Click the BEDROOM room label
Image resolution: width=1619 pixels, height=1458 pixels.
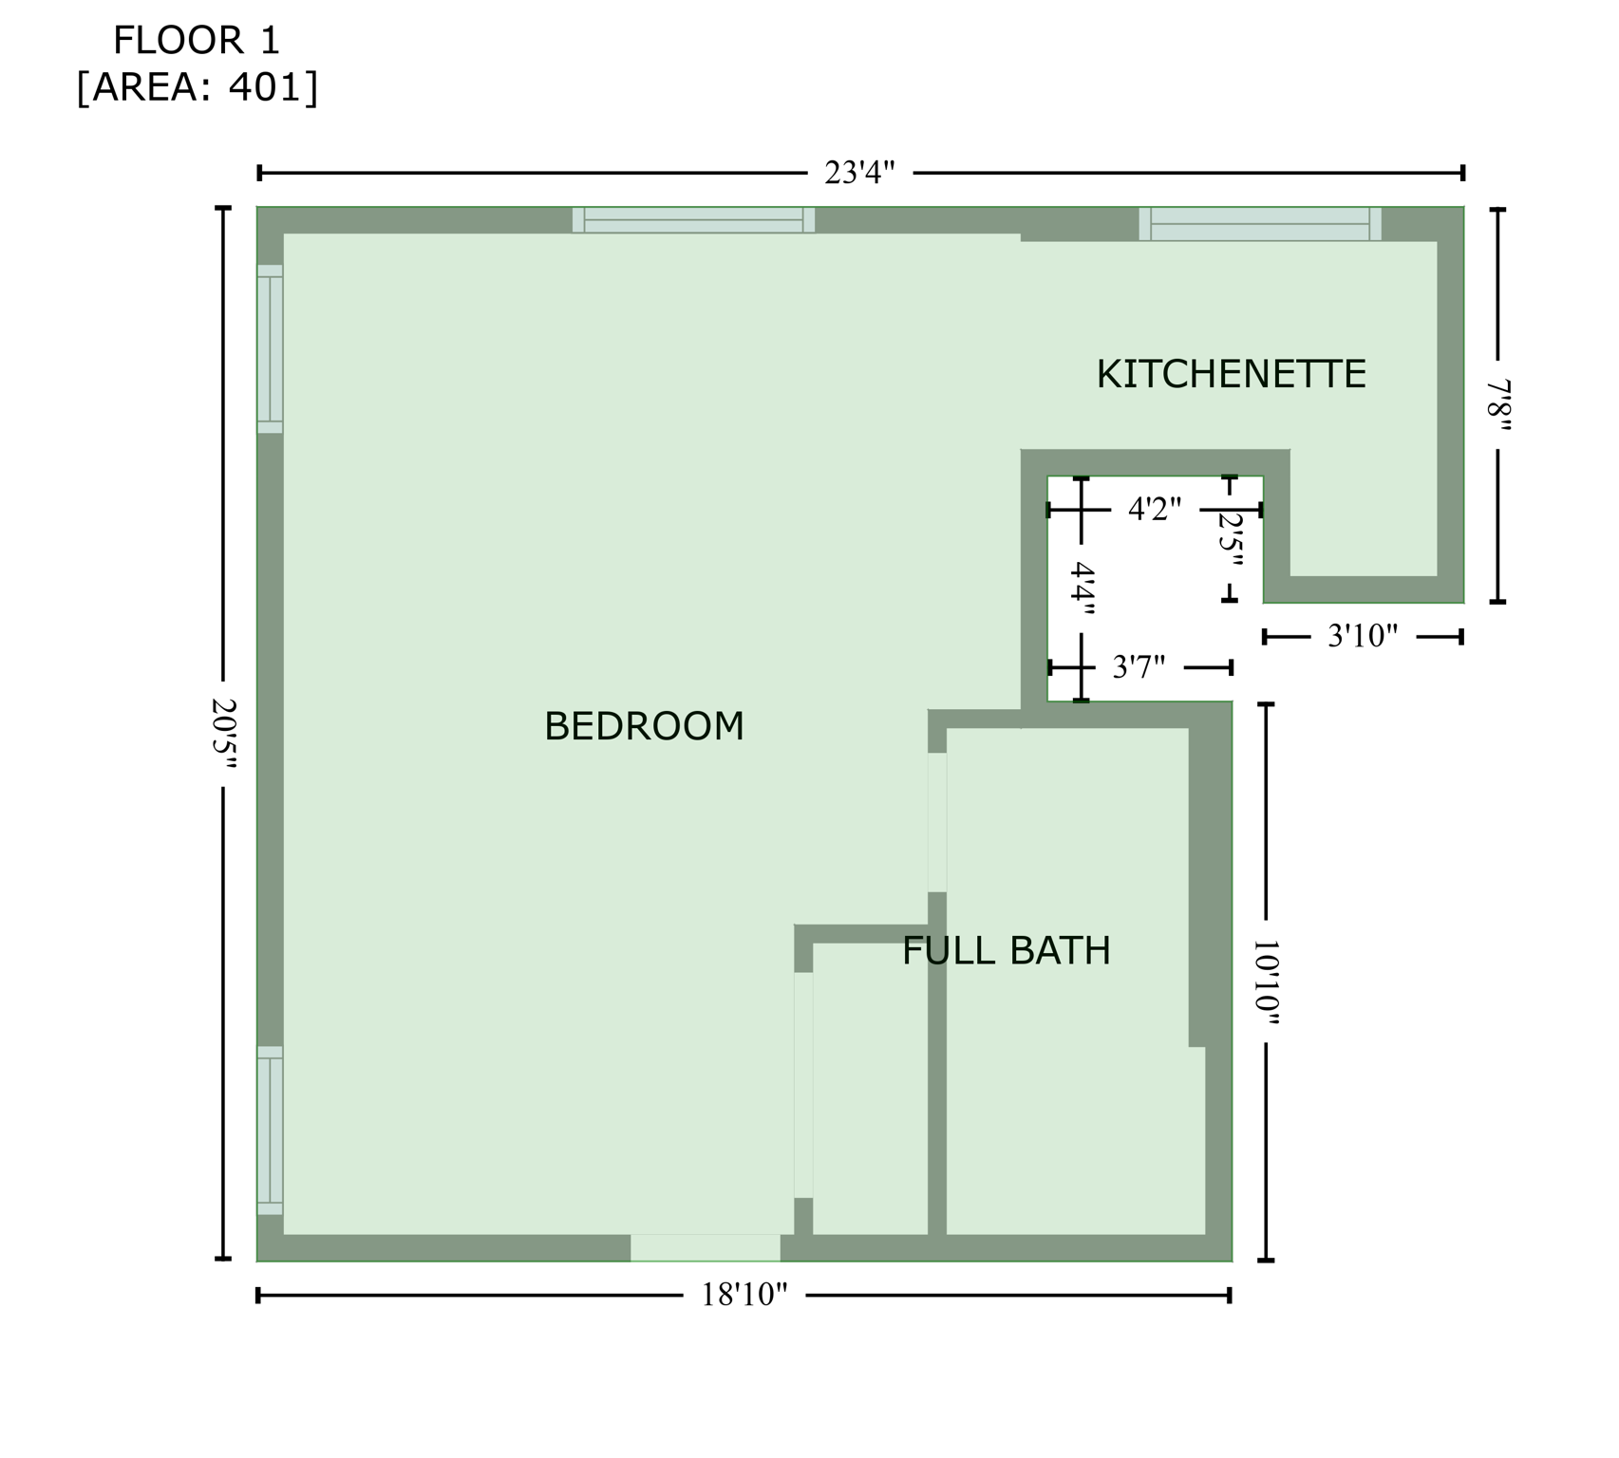tap(644, 726)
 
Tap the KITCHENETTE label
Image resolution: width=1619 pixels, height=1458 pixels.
tap(1231, 374)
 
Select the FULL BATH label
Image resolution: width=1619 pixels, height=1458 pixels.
tap(1006, 950)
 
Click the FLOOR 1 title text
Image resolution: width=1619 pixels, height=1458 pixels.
tap(197, 41)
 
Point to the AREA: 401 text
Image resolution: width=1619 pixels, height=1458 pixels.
tap(197, 87)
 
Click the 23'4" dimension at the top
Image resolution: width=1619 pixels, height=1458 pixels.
tap(859, 173)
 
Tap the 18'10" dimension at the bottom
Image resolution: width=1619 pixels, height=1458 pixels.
tap(744, 1295)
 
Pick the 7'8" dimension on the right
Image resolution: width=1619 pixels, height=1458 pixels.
tap(1498, 405)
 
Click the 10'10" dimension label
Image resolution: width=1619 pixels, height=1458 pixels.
tap(1266, 983)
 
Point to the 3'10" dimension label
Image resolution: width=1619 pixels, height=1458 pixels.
tap(1363, 636)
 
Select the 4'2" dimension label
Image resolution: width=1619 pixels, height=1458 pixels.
tap(1155, 510)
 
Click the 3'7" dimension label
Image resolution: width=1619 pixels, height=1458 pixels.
tap(1139, 667)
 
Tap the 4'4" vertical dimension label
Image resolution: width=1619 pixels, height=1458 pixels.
tap(1082, 589)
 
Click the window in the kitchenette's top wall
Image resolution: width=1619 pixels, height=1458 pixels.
tap(1260, 224)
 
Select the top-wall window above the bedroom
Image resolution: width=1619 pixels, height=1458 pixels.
tap(693, 220)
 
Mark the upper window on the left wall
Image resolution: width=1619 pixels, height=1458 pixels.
tap(270, 348)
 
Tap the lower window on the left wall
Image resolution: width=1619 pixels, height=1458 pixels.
tap(270, 1131)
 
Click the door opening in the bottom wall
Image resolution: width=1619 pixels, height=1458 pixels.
tap(706, 1247)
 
